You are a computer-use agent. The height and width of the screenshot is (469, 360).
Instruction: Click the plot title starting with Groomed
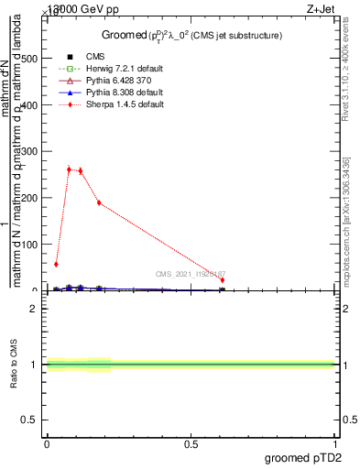pyautogui.click(x=191, y=35)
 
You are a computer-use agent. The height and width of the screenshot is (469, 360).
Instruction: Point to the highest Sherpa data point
pyautogui.click(x=69, y=169)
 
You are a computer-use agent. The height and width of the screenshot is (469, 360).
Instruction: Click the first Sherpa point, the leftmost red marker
pyautogui.click(x=57, y=264)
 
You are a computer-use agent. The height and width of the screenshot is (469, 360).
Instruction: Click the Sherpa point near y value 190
pyautogui.click(x=99, y=202)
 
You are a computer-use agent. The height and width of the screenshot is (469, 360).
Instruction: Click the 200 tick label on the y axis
pyautogui.click(x=29, y=198)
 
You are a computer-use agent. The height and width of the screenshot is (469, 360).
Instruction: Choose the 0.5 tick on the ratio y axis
pyautogui.click(x=30, y=420)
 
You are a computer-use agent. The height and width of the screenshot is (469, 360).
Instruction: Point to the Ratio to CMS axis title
pyautogui.click(x=13, y=365)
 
